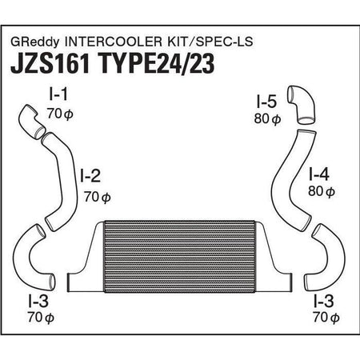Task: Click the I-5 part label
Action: click(266, 102)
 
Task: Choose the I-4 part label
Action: click(319, 172)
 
